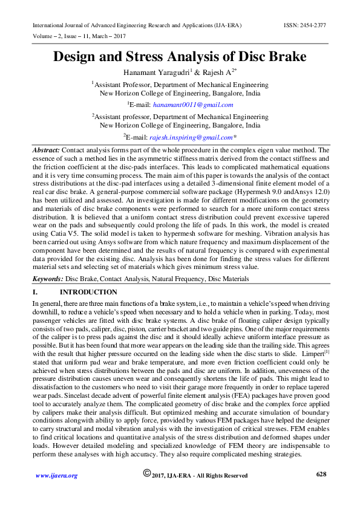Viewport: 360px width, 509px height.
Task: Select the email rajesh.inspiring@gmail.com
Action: pos(191,137)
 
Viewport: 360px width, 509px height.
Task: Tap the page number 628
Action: pos(321,475)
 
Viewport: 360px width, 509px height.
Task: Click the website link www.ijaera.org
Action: pos(56,476)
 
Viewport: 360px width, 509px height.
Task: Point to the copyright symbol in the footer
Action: pos(146,474)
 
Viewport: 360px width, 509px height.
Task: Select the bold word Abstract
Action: pos(45,149)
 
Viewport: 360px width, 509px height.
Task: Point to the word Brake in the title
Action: pos(285,57)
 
